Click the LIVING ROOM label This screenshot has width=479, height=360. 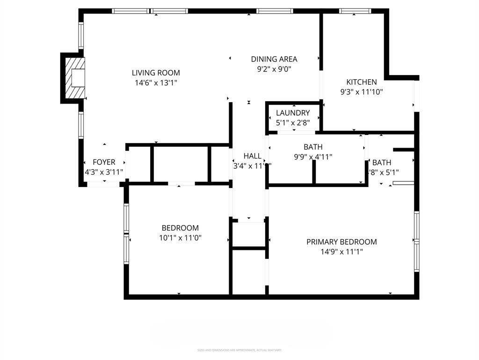pos(156,73)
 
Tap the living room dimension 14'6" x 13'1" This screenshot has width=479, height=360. pos(156,82)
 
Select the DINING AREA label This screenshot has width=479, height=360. pos(274,59)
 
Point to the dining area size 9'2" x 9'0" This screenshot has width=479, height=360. pos(274,68)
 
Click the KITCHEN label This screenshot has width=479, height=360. pos(361,82)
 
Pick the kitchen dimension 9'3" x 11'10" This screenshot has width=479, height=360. pos(361,92)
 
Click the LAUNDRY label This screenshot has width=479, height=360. pos(293,113)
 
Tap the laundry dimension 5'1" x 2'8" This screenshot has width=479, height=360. pos(293,122)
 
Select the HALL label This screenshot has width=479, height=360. pos(252,156)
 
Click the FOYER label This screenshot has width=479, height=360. pos(104,162)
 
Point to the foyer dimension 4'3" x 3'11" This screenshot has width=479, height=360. pos(104,172)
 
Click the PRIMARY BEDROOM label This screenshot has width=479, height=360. pos(341,242)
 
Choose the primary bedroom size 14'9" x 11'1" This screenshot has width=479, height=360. pos(341,252)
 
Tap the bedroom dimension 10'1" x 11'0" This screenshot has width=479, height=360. pos(180,238)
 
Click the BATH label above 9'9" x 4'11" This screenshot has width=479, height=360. pos(313,147)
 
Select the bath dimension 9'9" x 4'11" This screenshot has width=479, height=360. pos(313,157)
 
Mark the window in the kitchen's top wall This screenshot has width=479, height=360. pos(355,11)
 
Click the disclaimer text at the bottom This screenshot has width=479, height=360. pos(239,350)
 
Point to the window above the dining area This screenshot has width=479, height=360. pos(275,11)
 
